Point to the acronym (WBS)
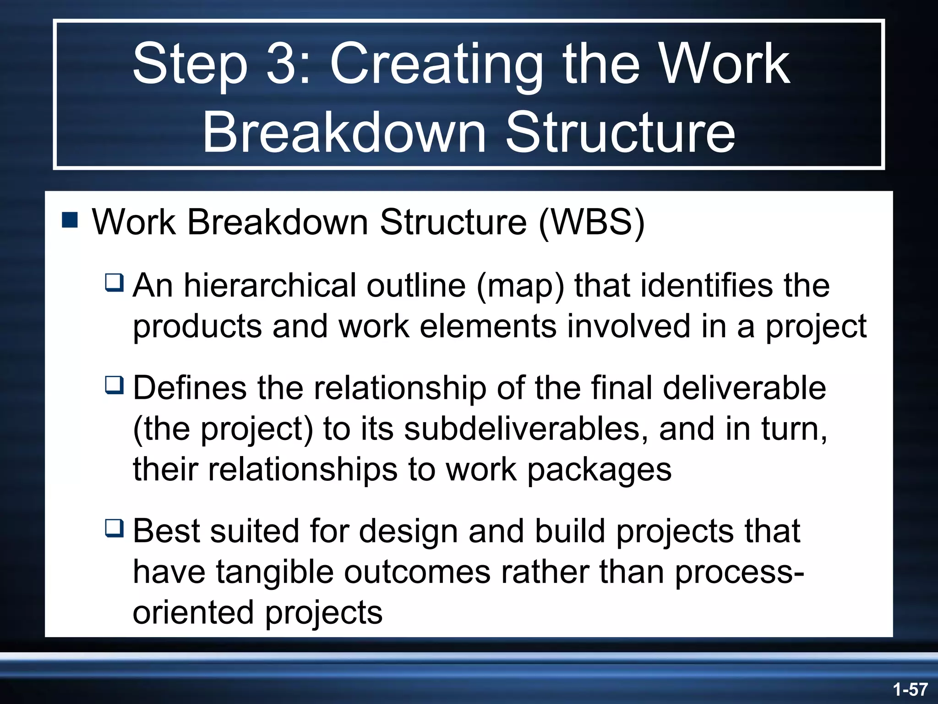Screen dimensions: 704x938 (x=591, y=222)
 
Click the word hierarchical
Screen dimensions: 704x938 (x=270, y=285)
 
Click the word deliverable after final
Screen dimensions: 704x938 (x=744, y=388)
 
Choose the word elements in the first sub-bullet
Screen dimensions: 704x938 (x=487, y=326)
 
